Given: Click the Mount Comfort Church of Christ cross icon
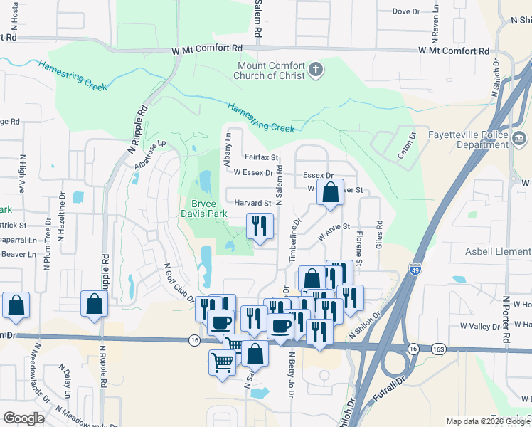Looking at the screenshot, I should (316, 70).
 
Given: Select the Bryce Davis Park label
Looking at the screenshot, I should (203, 209).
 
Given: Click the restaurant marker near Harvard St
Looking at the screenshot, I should (260, 226).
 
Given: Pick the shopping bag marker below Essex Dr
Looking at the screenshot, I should (331, 192).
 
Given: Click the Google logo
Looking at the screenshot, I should (23, 418).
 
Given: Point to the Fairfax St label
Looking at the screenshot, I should (261, 157).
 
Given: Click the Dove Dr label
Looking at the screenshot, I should (407, 11).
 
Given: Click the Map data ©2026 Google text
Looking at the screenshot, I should (487, 421).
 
